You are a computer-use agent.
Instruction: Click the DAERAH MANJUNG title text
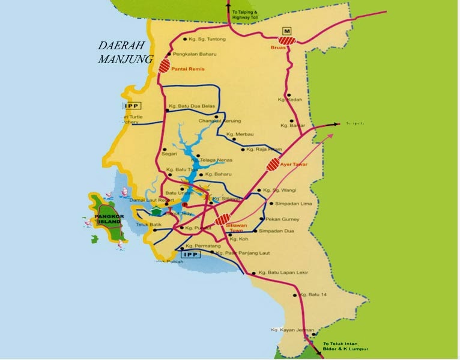pyautogui.click(x=126, y=52)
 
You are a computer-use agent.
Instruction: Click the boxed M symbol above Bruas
pyautogui.click(x=287, y=30)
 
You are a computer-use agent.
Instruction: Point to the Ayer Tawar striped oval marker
pyautogui.click(x=273, y=164)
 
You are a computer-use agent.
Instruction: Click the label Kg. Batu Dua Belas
pyautogui.click(x=192, y=105)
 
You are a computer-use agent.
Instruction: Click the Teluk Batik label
pyautogui.click(x=147, y=225)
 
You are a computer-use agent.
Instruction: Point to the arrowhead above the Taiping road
pyautogui.click(x=228, y=4)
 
